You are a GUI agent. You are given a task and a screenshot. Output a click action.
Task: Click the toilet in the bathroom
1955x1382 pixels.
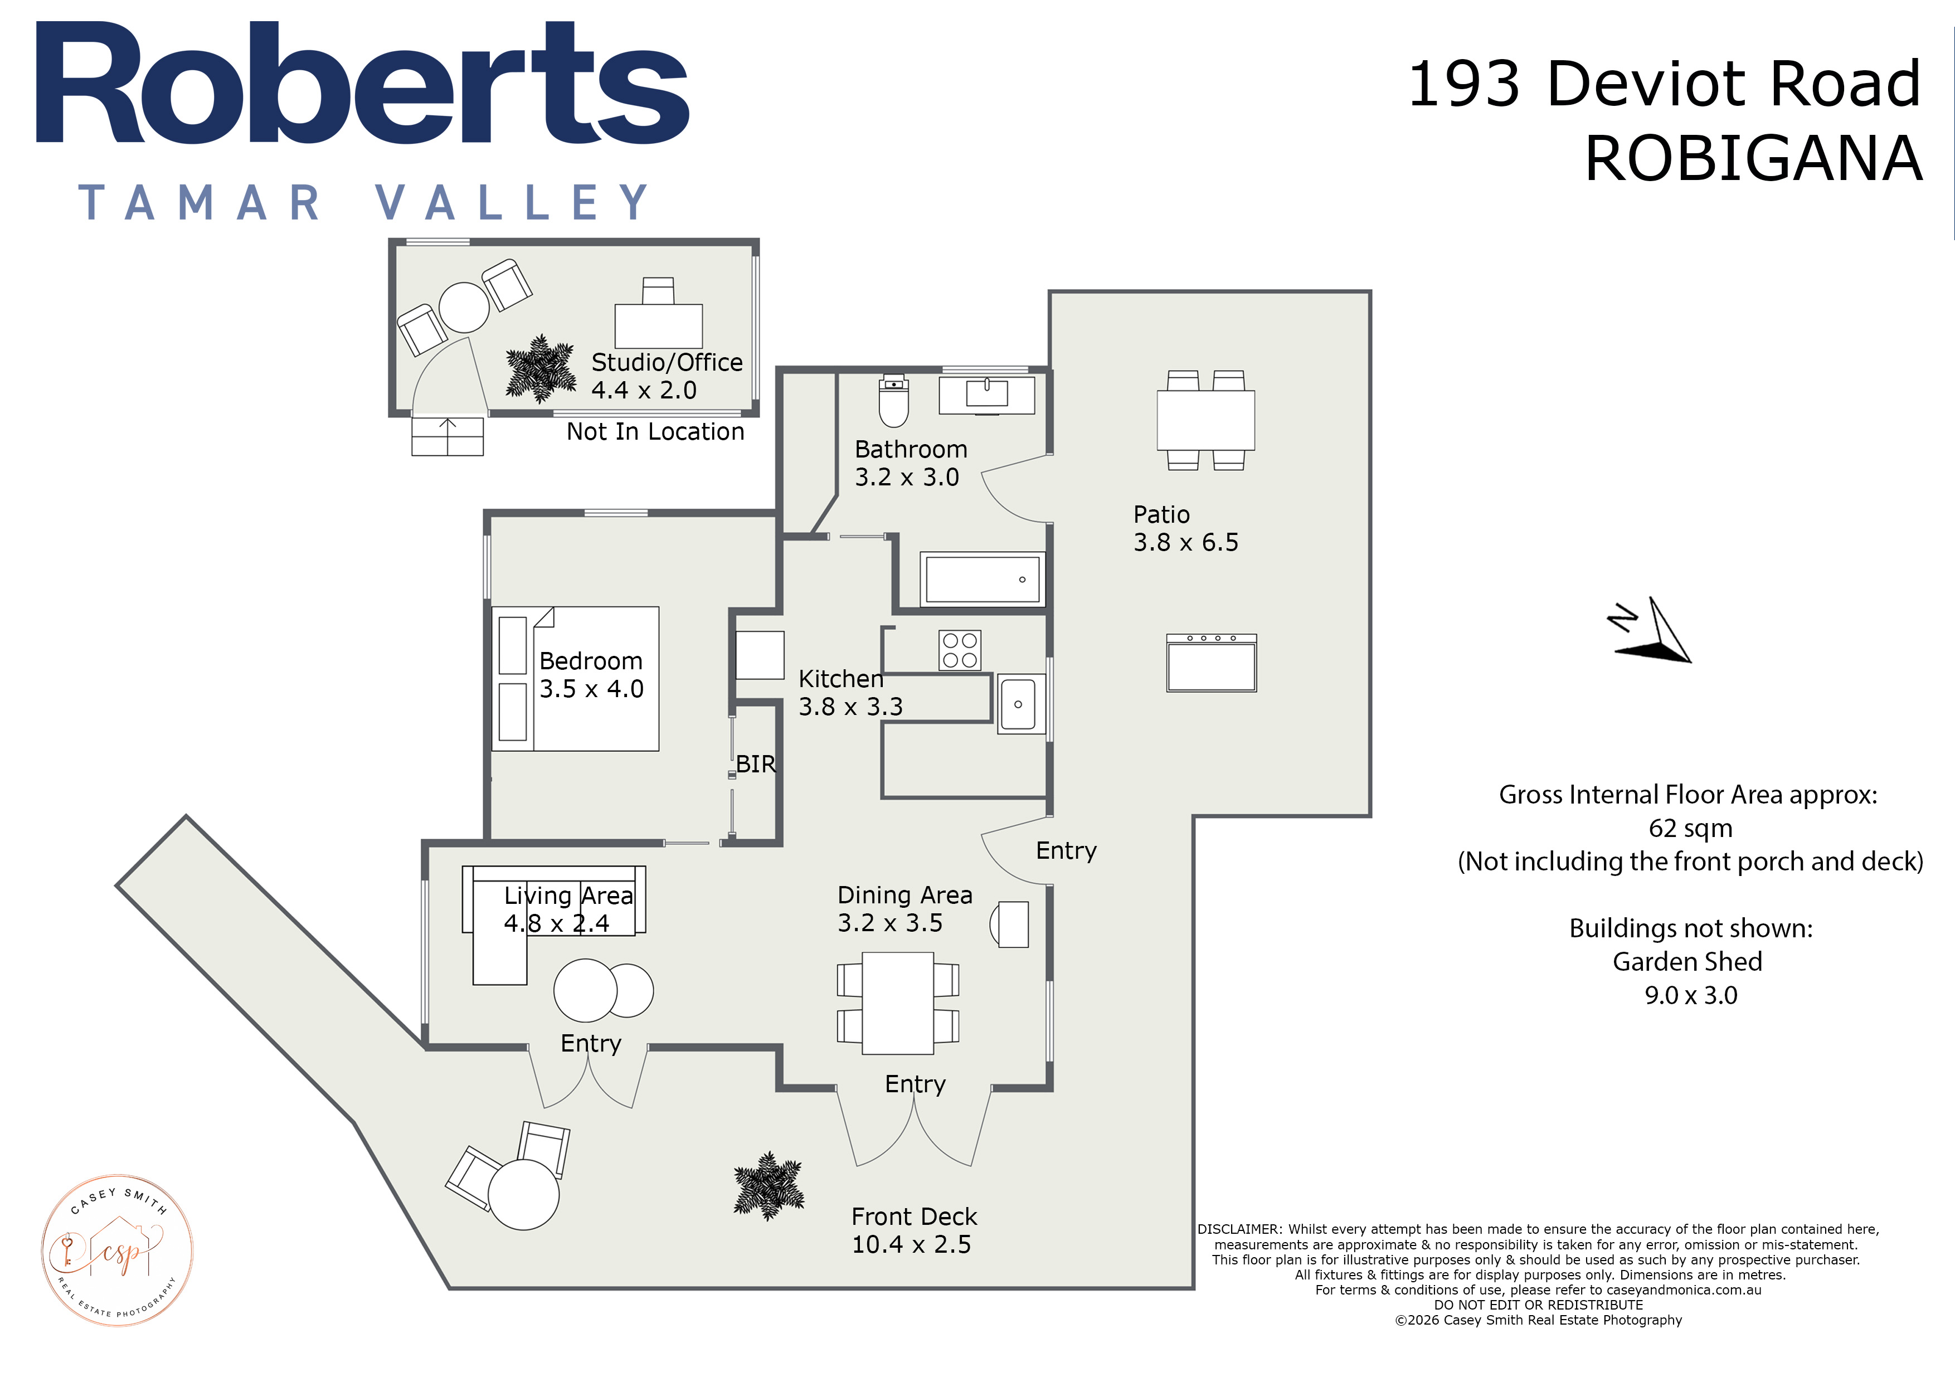coord(893,400)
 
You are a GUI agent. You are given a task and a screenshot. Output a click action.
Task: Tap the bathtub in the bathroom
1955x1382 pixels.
coord(983,579)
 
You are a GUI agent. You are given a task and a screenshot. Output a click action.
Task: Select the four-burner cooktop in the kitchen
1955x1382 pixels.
coord(960,650)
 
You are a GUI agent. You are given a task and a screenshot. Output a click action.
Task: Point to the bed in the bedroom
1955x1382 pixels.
coord(576,679)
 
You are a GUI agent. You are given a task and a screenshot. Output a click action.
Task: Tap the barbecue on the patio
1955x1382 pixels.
coord(1212,663)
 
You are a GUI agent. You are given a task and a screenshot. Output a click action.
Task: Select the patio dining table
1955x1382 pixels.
coord(1205,420)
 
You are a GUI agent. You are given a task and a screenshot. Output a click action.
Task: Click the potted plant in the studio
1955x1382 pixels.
coord(540,369)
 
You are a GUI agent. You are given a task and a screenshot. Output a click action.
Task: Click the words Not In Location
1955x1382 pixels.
coord(655,432)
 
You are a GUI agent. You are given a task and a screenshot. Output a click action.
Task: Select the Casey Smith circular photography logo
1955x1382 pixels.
coord(118,1250)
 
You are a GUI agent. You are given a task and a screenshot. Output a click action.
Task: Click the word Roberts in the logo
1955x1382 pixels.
coord(362,84)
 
